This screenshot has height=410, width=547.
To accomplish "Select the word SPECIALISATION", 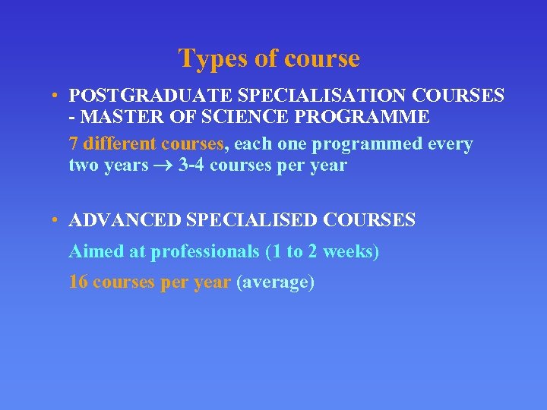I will click(x=287, y=96).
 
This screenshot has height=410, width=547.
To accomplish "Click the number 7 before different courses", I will click(x=74, y=143).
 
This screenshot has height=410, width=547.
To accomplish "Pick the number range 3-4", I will click(x=191, y=166).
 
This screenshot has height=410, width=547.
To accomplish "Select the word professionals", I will click(x=205, y=252).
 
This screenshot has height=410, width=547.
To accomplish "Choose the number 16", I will click(x=78, y=282).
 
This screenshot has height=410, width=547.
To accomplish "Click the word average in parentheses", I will click(x=276, y=283).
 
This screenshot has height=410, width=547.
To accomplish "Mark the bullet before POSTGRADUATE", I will click(x=56, y=96).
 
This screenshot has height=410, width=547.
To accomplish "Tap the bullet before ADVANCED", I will click(x=56, y=221).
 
